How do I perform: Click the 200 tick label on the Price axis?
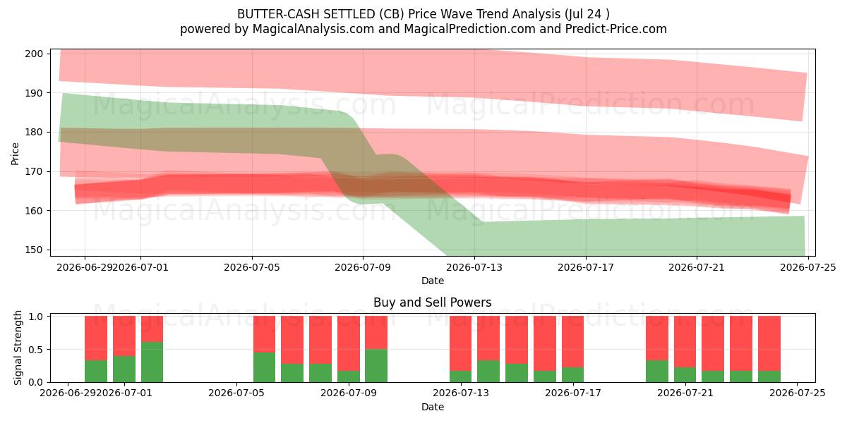(34, 54)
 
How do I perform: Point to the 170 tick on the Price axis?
(34, 171)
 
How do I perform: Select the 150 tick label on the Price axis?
(34, 250)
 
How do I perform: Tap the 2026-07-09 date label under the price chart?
(363, 267)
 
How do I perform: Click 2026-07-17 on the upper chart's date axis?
(586, 267)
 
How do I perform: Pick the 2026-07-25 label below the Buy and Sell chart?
(798, 393)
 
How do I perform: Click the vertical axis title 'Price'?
(15, 154)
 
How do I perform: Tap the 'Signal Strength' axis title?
(18, 348)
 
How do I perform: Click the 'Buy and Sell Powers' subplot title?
(433, 302)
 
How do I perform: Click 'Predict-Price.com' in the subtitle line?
(616, 29)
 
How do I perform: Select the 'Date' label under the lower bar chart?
(433, 407)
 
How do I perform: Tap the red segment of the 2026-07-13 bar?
(460, 343)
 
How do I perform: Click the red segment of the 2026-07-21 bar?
(685, 342)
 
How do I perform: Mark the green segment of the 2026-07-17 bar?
(572, 375)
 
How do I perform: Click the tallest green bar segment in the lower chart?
(152, 362)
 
